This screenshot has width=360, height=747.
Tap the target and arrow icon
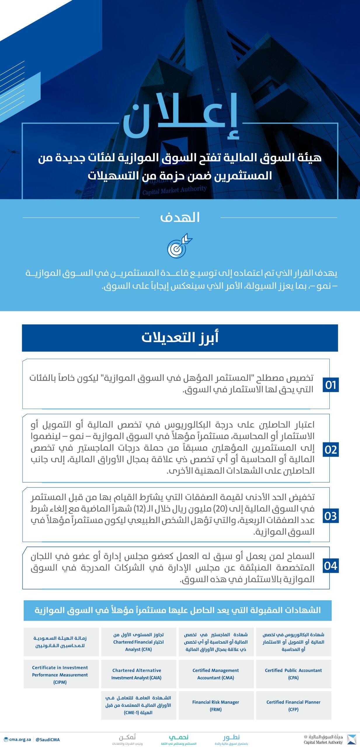(x=179, y=246)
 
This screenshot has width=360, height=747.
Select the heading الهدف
(x=180, y=217)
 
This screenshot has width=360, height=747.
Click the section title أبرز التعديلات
(x=180, y=338)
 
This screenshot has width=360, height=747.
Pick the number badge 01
(x=331, y=385)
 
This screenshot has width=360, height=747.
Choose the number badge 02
(x=331, y=450)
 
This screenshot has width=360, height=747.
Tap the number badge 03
(x=331, y=516)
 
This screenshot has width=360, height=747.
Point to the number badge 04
(x=331, y=566)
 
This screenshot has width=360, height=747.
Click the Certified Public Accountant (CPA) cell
(x=293, y=674)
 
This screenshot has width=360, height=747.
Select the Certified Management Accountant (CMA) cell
(x=216, y=674)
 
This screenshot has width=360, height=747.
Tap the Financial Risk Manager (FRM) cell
(x=216, y=706)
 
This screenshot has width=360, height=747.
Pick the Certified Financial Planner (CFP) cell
(x=293, y=706)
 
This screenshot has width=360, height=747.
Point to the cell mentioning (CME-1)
(x=138, y=705)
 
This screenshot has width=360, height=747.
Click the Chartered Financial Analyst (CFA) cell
(x=138, y=642)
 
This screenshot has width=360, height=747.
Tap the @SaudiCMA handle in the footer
(x=48, y=740)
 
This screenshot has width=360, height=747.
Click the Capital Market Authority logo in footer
(x=351, y=740)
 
